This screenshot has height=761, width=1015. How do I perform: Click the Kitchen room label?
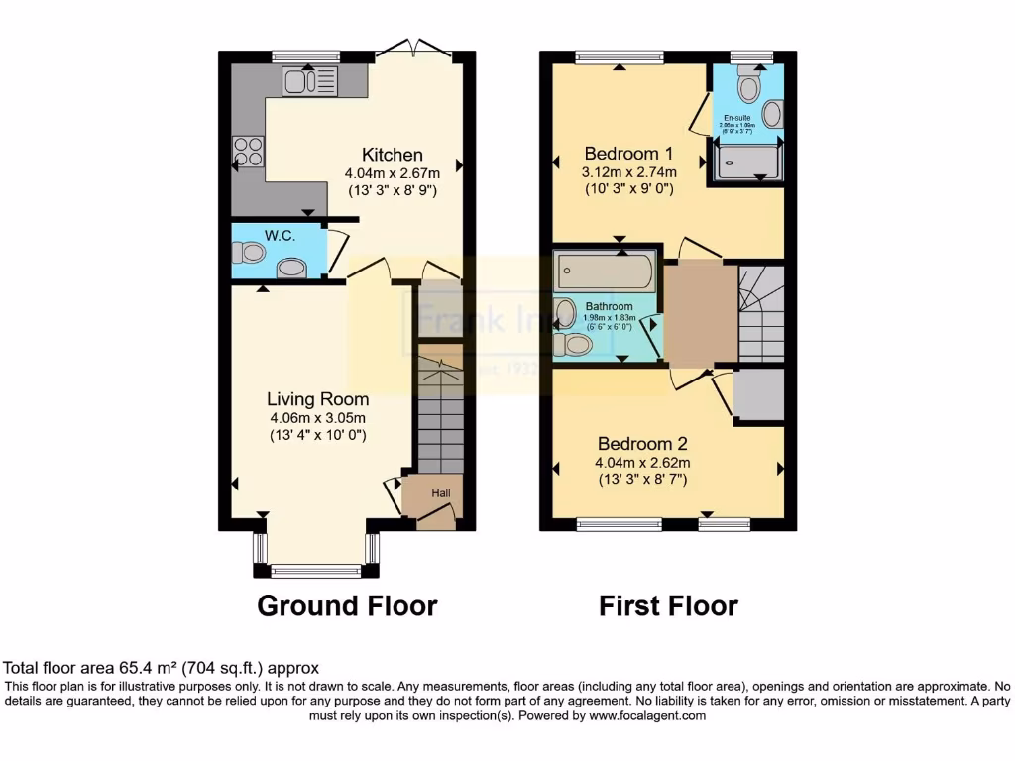click(392, 155)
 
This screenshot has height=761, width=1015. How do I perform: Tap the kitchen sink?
click(309, 81)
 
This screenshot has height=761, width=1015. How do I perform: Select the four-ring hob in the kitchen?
click(248, 151)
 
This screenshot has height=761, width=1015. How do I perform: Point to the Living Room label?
click(317, 399)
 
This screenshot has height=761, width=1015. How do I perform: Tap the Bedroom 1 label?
click(628, 154)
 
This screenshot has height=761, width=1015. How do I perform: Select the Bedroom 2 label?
click(641, 444)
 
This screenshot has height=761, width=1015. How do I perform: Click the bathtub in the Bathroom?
click(605, 270)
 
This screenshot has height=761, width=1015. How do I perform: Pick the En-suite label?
click(736, 118)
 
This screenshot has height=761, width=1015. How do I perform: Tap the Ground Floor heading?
click(347, 605)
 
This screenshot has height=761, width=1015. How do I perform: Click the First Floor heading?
click(668, 605)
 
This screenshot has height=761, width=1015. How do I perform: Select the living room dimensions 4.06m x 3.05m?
click(317, 417)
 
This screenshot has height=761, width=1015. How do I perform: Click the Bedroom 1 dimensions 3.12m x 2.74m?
click(628, 171)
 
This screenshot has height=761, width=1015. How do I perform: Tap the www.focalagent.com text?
click(647, 715)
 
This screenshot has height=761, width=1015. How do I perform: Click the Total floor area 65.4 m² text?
click(162, 668)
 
